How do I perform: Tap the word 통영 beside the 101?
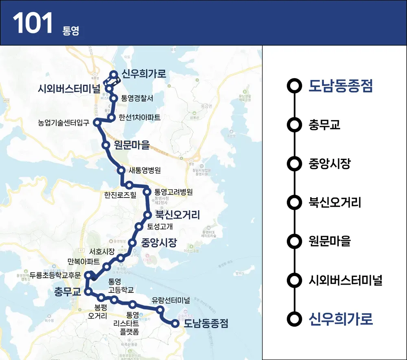click(x=70, y=31)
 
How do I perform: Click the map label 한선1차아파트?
click(x=140, y=117)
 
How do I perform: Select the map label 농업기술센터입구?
click(x=63, y=122)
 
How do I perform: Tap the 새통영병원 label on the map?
click(x=144, y=170)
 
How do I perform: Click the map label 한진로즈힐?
click(x=120, y=194)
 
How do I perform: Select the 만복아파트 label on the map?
click(x=83, y=261)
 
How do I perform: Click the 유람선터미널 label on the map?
click(x=171, y=301)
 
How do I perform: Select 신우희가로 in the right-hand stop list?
click(x=341, y=319)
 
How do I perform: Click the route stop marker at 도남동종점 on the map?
click(x=175, y=324)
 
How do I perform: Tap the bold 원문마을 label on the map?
click(x=132, y=145)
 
